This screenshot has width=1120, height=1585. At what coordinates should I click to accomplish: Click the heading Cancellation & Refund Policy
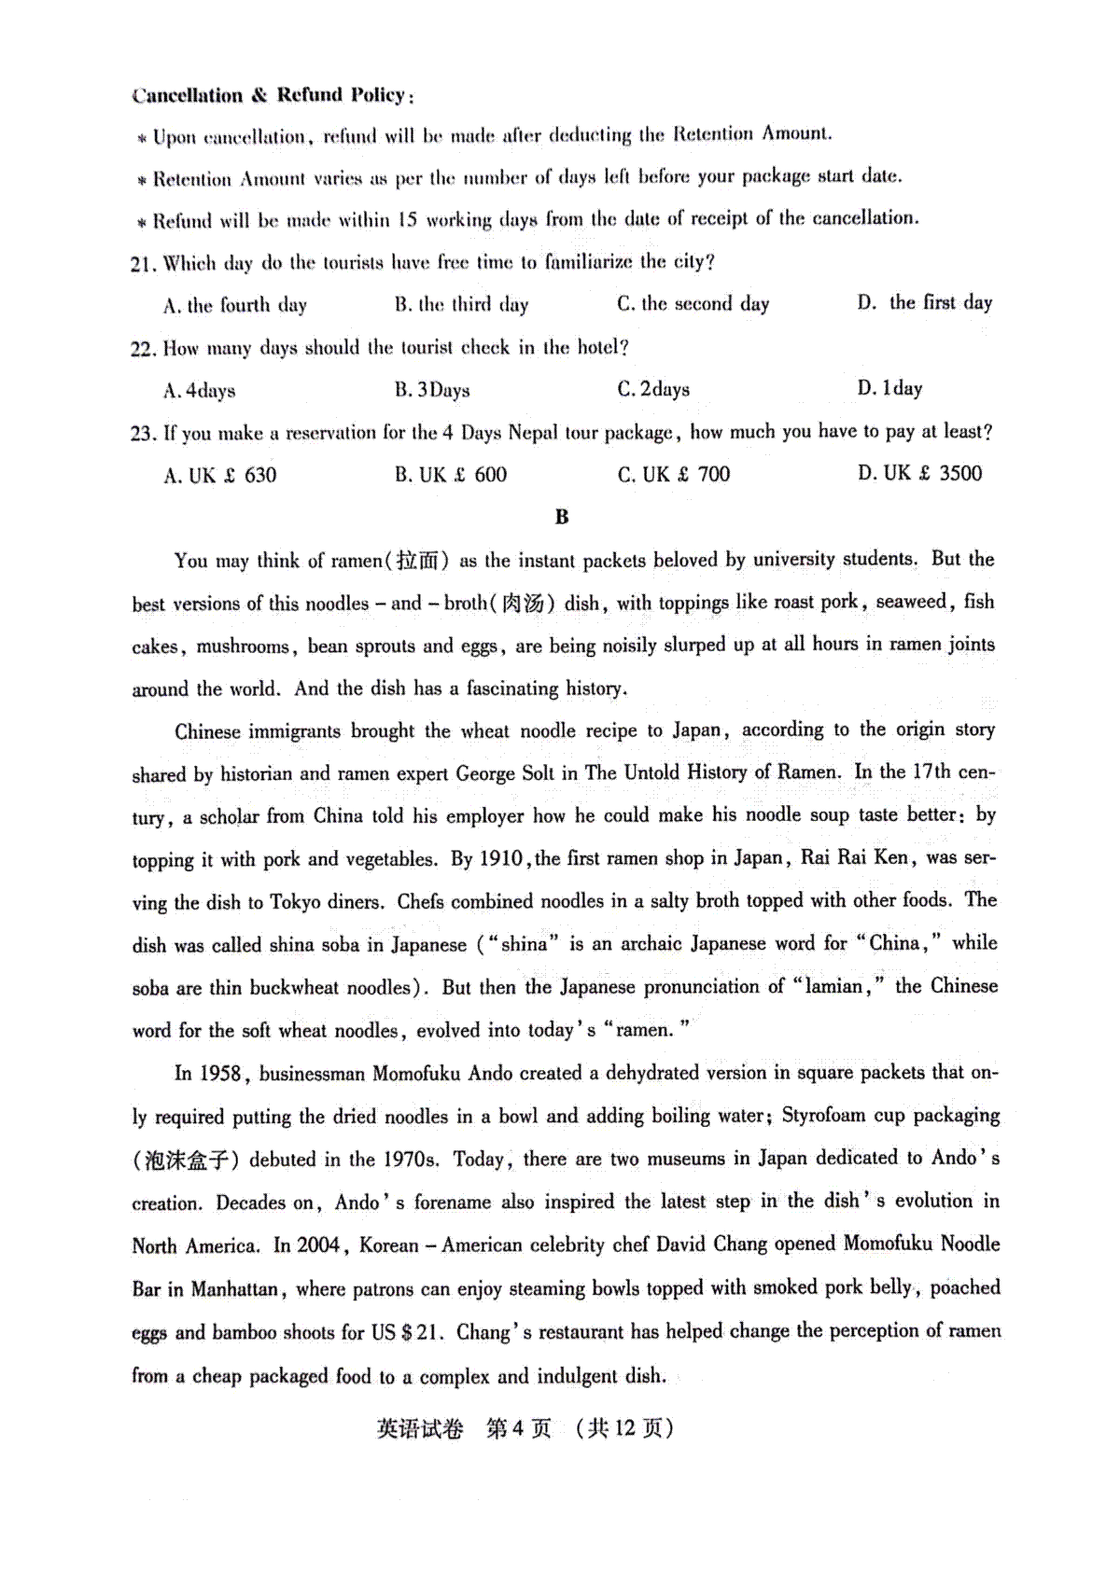(272, 95)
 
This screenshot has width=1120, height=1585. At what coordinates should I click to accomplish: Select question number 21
(142, 264)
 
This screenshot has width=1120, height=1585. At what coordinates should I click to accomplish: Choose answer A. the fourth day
(235, 305)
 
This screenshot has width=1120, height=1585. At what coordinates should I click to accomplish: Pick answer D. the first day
(925, 302)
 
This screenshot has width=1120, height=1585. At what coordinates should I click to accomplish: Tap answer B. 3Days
(432, 390)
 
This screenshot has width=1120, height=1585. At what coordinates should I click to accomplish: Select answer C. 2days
(653, 389)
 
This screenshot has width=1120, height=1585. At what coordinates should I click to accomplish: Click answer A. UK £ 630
(220, 476)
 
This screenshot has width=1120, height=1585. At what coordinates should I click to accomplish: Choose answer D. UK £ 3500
(919, 473)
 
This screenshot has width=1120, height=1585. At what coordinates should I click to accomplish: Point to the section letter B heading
(561, 517)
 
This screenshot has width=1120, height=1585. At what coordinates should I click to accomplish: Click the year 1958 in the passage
(220, 1074)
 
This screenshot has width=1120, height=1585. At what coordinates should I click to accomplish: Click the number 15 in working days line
(406, 220)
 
